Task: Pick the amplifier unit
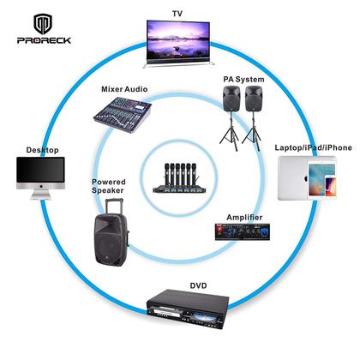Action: (x=244, y=232)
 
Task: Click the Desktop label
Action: (x=42, y=150)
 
